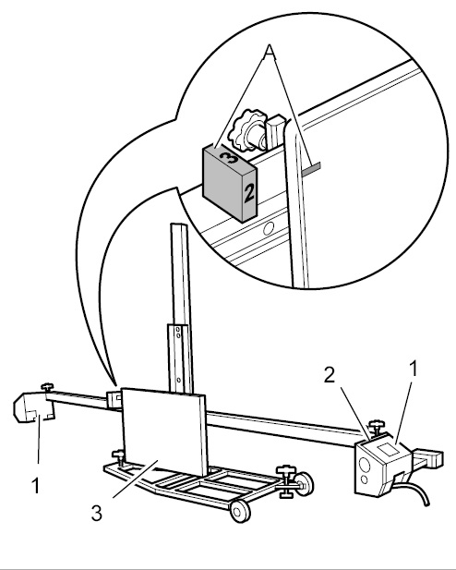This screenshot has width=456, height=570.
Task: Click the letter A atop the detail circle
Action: (269, 51)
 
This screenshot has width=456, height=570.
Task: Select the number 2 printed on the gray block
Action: (249, 193)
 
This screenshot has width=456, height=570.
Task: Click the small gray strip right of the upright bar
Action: (311, 168)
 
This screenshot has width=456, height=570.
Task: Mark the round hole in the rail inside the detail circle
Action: (269, 228)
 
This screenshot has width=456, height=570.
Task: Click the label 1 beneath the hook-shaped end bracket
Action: (36, 486)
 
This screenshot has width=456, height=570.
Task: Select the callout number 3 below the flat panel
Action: (97, 514)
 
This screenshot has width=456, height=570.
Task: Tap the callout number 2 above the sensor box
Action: (330, 375)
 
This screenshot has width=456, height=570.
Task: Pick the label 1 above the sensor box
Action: (414, 369)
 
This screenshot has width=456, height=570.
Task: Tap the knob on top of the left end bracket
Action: (47, 386)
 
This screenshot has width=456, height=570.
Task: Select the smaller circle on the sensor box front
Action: (364, 480)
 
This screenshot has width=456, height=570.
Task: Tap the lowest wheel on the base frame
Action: (240, 511)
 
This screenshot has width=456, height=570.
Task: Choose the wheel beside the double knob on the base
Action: (305, 484)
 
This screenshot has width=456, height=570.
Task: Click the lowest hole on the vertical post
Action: (179, 380)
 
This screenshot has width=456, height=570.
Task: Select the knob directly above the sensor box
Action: (377, 425)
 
